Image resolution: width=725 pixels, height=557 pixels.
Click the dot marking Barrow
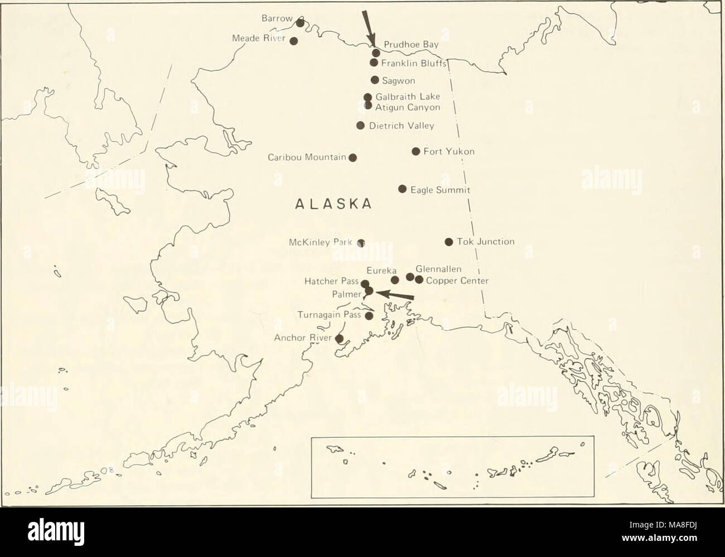coord(300,23)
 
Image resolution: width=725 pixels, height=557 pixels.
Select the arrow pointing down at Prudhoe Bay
coord(368,25)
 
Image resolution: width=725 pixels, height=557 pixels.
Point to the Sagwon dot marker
coord(375,80)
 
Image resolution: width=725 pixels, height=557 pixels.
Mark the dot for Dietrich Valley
coord(360,125)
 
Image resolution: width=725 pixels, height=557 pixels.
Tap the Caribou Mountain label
coord(307,157)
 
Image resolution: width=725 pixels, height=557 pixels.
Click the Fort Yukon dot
coord(415,151)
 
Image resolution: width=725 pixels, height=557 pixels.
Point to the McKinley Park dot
coord(361,242)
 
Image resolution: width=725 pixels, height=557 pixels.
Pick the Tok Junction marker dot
coord(448,242)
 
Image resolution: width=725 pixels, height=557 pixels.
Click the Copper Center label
coord(457,280)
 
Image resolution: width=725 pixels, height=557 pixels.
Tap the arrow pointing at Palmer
coord(396,295)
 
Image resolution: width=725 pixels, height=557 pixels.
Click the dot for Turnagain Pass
coord(369,316)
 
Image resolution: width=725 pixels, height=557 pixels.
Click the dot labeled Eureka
coord(395,280)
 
